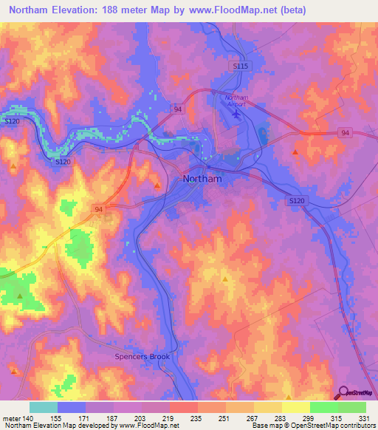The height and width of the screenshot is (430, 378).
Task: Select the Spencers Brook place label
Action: point(142,357)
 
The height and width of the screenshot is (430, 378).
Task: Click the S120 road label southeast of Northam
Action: point(297,200)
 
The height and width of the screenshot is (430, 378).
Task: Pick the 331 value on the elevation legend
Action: point(363,417)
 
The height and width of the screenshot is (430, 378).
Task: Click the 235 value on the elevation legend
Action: point(195,417)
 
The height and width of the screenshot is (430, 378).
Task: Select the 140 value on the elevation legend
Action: point(27,417)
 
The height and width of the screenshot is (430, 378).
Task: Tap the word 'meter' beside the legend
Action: point(10,417)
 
